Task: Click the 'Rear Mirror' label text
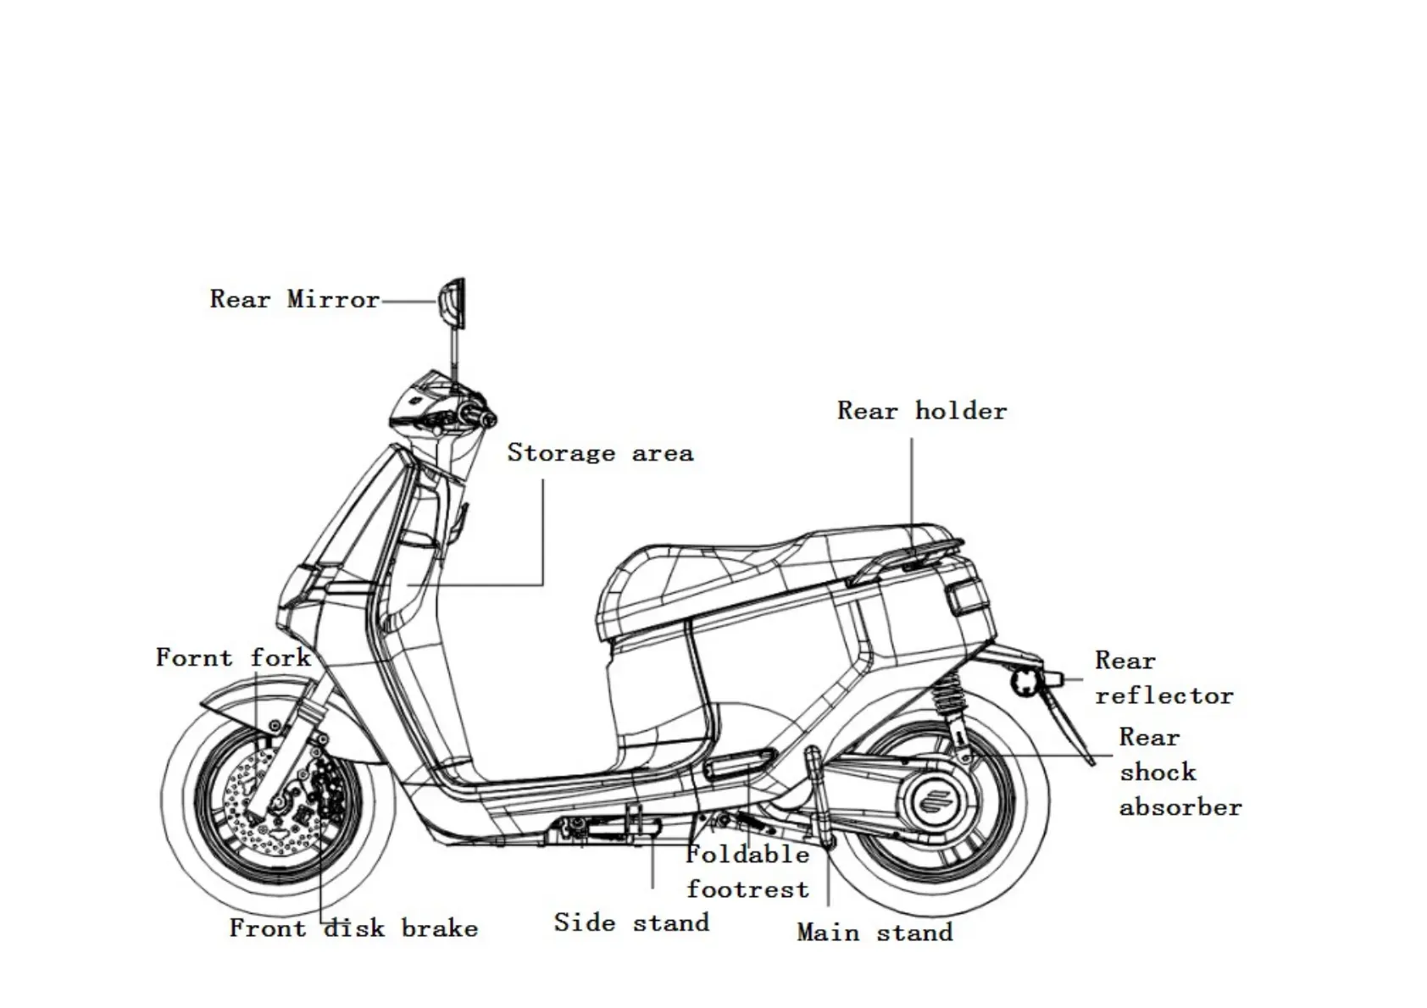click(x=294, y=300)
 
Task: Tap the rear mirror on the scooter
click(x=452, y=302)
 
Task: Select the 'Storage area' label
click(x=600, y=453)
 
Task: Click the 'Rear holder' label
click(x=922, y=412)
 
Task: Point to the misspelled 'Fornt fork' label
click(x=233, y=658)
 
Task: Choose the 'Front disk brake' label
click(x=353, y=928)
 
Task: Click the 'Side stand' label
click(x=631, y=922)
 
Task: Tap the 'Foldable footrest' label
click(x=747, y=872)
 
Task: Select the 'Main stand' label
click(x=875, y=933)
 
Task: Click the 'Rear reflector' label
click(x=1163, y=678)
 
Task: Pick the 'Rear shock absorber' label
click(x=1179, y=772)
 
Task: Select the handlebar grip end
click(x=487, y=418)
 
